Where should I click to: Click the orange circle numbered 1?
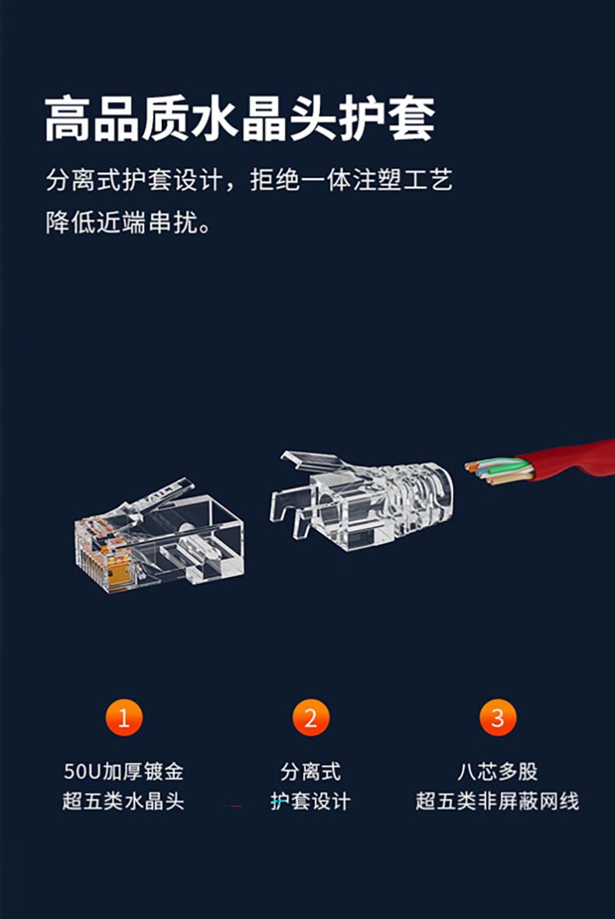124,717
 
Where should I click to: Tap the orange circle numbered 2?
311,717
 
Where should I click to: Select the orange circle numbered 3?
497,717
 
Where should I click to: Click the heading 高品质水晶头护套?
240,119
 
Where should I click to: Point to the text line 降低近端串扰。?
129,223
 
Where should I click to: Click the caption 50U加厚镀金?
124,771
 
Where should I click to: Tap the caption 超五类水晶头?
124,801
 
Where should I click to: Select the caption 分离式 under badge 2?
311,771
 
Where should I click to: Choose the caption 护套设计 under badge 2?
311,801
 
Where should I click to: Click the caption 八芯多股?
497,771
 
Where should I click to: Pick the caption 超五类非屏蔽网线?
497,801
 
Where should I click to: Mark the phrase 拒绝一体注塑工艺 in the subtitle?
351,180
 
